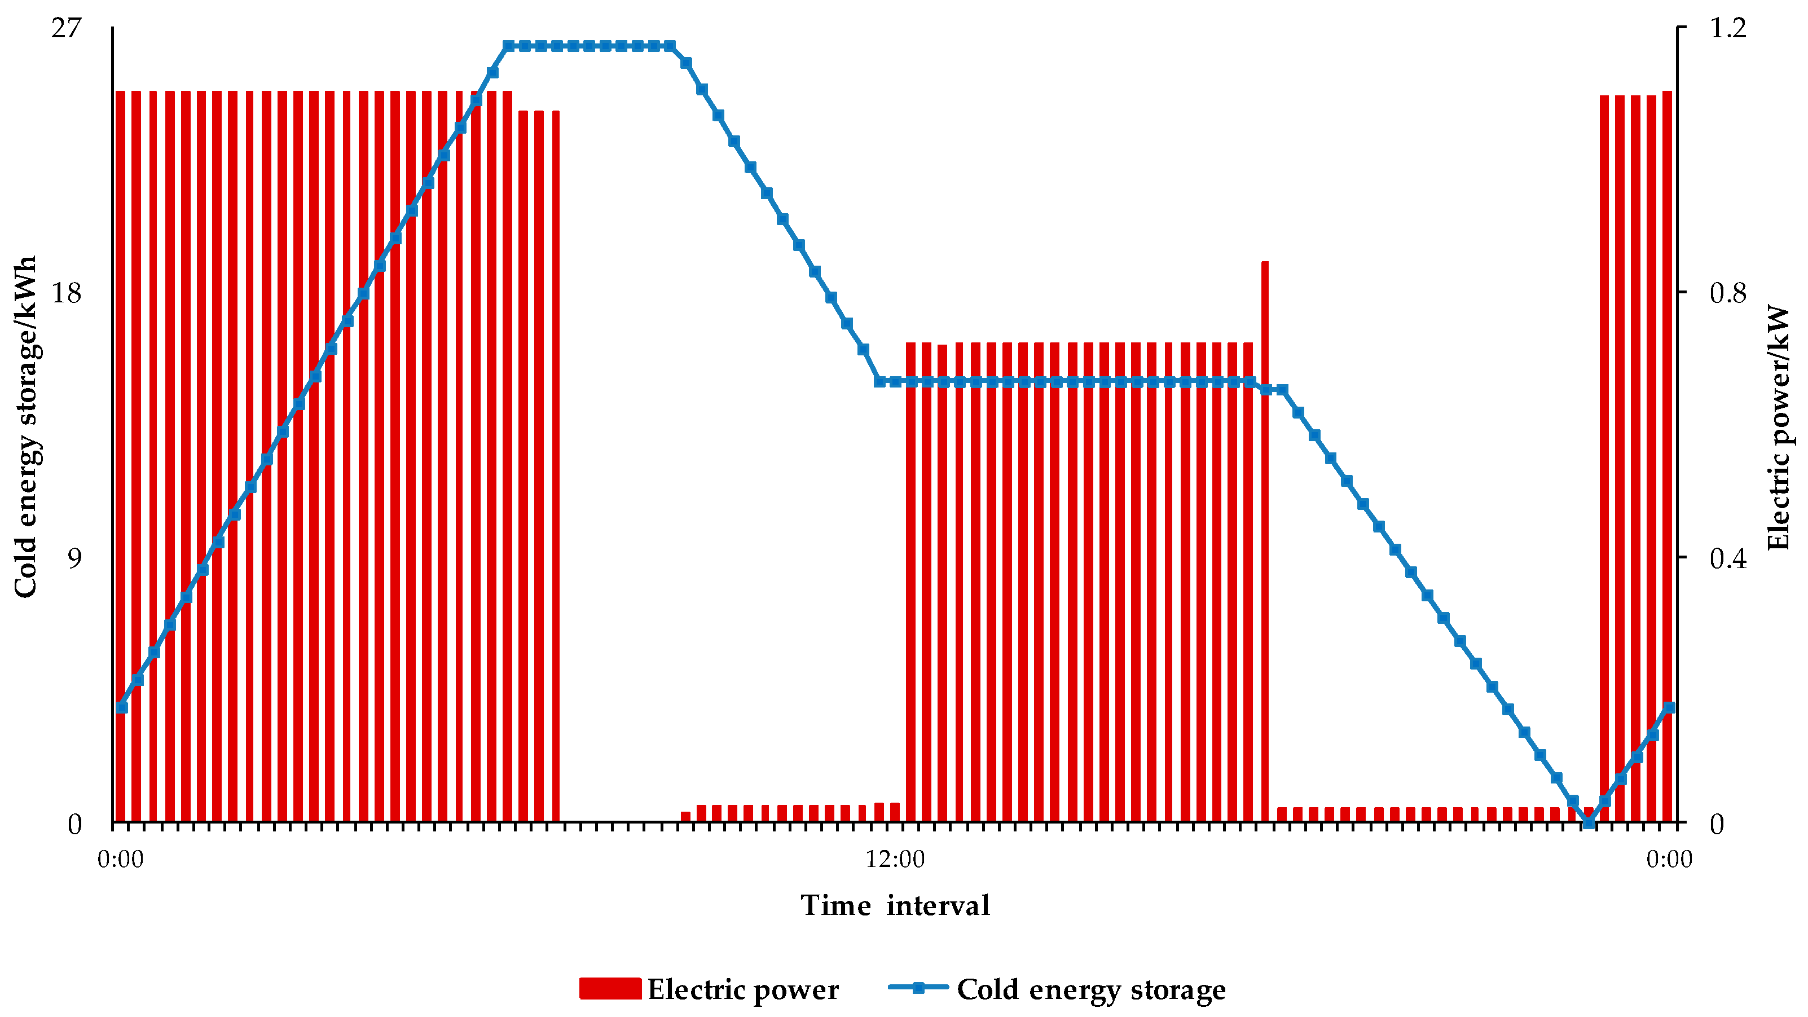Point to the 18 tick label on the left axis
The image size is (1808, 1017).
pos(66,293)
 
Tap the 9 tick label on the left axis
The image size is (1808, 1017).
pos(74,558)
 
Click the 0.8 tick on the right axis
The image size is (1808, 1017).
pos(1727,293)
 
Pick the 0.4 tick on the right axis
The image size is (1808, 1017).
pos(1727,558)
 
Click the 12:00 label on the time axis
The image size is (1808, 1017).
pos(895,859)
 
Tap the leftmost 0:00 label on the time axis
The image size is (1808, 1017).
pos(121,859)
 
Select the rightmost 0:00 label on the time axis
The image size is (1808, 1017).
pos(1669,859)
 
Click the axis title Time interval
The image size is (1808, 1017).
pos(895,905)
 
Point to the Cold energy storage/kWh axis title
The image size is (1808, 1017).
pos(25,427)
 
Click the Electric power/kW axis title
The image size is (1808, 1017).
pos(1778,427)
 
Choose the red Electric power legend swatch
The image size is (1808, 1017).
pos(610,988)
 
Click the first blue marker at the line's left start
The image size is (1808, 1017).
pos(122,707)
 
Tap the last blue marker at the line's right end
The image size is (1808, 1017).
pos(1669,707)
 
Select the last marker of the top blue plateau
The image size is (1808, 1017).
pos(670,46)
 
